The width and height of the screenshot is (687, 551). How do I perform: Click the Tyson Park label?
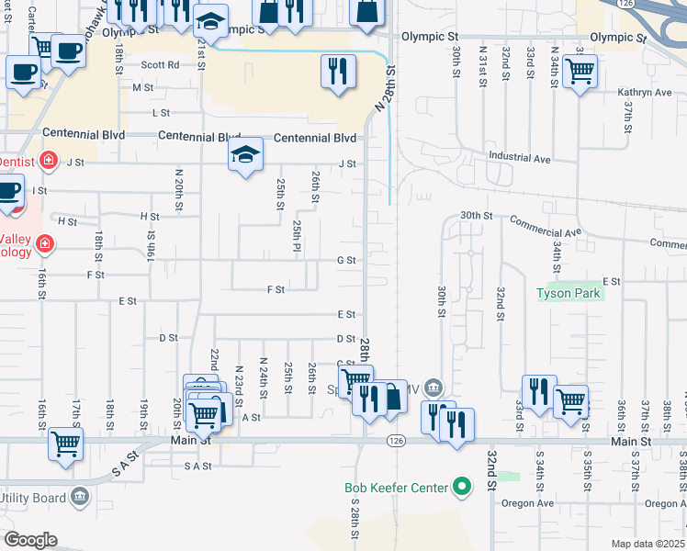tap(569, 294)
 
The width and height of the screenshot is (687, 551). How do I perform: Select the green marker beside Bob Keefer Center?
tap(462, 488)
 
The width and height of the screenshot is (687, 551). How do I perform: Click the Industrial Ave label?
tap(519, 158)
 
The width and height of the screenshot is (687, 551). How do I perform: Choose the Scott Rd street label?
tap(160, 65)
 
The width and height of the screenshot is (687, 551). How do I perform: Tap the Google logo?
tap(30, 540)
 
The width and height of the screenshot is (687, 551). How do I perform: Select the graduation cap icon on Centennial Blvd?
tap(245, 153)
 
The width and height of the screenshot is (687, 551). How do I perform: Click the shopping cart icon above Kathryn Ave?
tap(580, 70)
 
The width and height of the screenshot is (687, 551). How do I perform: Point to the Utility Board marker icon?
tap(80, 497)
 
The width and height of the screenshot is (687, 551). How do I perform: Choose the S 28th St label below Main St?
tap(355, 519)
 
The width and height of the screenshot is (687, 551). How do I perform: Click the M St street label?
tap(143, 88)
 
